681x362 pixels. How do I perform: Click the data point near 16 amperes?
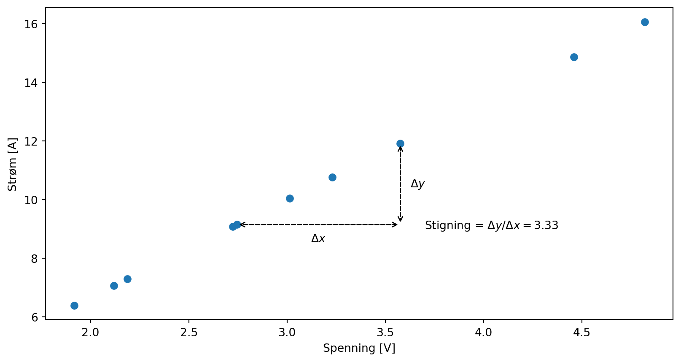tap(644, 22)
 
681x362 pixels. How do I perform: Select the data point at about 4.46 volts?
tap(573, 57)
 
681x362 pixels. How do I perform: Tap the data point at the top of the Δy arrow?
tap(400, 143)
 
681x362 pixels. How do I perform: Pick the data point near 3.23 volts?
tap(332, 177)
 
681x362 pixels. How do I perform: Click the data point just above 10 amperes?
tap(290, 198)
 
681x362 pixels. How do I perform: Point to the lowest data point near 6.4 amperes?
tap(74, 305)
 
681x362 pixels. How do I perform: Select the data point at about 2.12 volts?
tap(114, 286)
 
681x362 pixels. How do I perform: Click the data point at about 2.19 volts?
tap(127, 279)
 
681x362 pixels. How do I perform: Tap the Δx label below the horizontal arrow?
tap(318, 239)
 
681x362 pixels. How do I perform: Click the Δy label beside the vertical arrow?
tap(417, 184)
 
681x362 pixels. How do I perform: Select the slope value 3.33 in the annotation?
tap(546, 225)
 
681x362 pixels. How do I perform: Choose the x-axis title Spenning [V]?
tap(359, 348)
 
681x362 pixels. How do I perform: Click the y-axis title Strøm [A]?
tap(13, 164)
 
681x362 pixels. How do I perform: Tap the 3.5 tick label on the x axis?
tap(385, 332)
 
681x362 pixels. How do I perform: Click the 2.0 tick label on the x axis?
tap(90, 332)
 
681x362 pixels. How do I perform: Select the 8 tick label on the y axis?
tap(34, 258)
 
